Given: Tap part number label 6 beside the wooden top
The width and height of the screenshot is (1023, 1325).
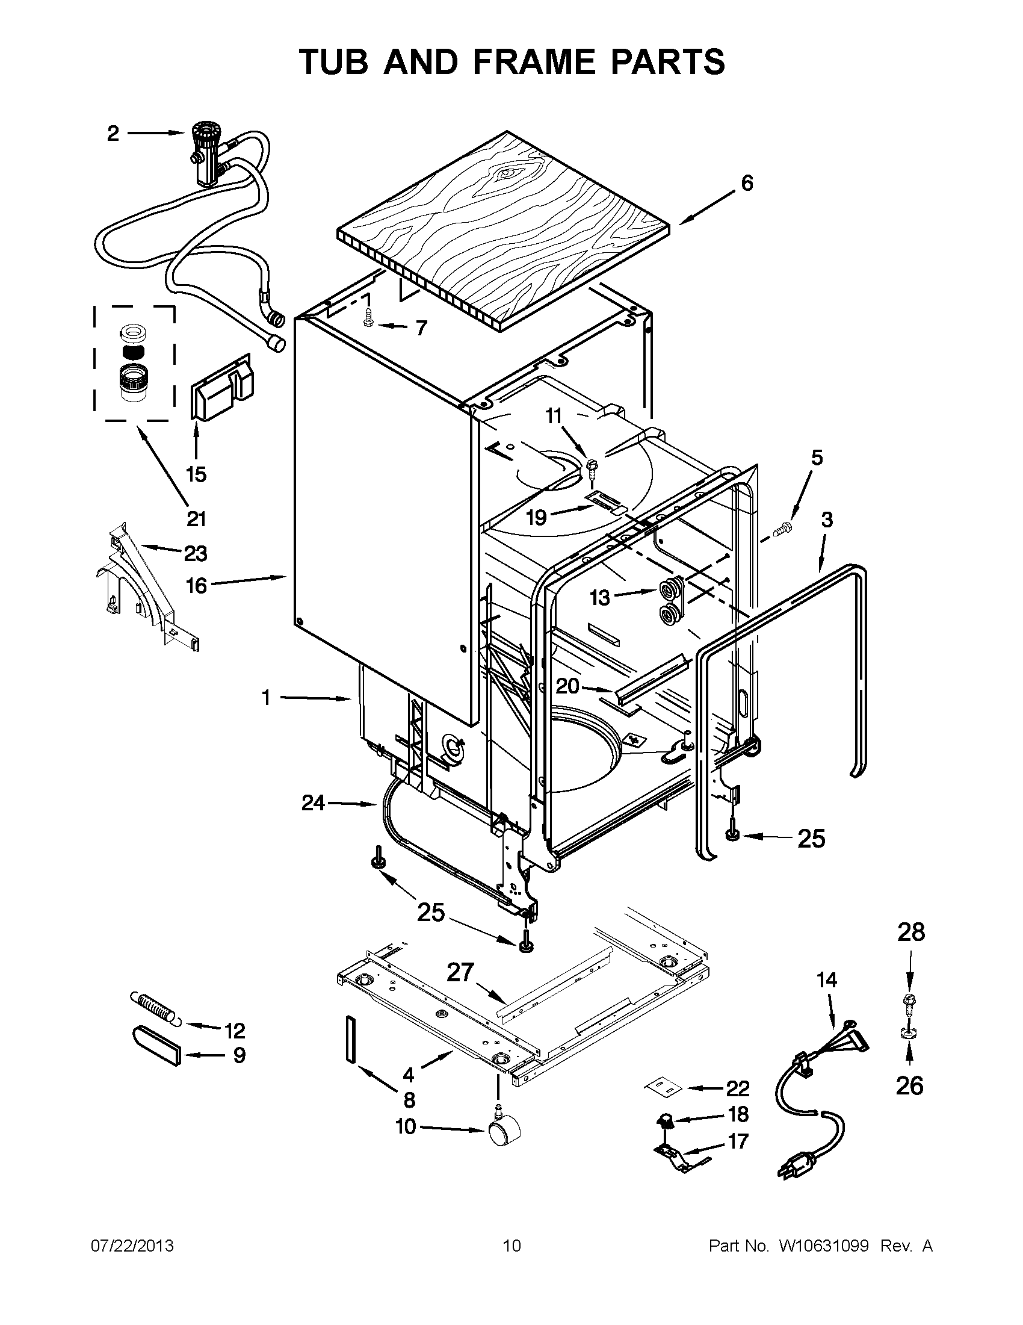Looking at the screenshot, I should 746,182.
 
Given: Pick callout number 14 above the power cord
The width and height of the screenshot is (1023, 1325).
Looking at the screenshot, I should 827,997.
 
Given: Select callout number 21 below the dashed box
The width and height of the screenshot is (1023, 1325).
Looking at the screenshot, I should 196,520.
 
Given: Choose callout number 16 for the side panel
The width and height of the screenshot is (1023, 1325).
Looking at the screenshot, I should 196,586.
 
